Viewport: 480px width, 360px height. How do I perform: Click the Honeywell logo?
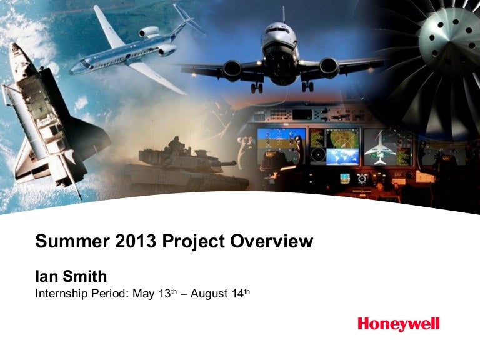tap(399, 324)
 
